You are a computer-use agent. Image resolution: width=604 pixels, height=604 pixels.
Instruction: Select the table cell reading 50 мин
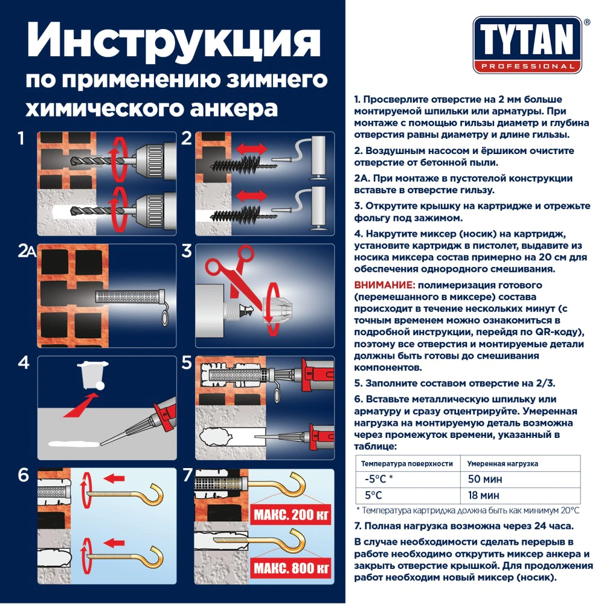tap(486, 480)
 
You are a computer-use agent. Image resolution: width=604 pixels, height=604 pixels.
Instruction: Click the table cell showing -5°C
tap(378, 480)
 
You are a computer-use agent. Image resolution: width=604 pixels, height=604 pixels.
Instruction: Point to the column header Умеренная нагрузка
tap(503, 464)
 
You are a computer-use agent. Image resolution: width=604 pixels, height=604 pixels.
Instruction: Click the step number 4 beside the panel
tap(23, 363)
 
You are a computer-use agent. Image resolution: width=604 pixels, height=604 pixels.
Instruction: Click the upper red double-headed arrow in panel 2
tap(249, 149)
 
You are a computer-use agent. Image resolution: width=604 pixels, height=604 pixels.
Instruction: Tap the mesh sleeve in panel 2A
tap(128, 297)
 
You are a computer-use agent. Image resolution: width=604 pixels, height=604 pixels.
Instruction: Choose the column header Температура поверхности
tap(406, 464)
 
